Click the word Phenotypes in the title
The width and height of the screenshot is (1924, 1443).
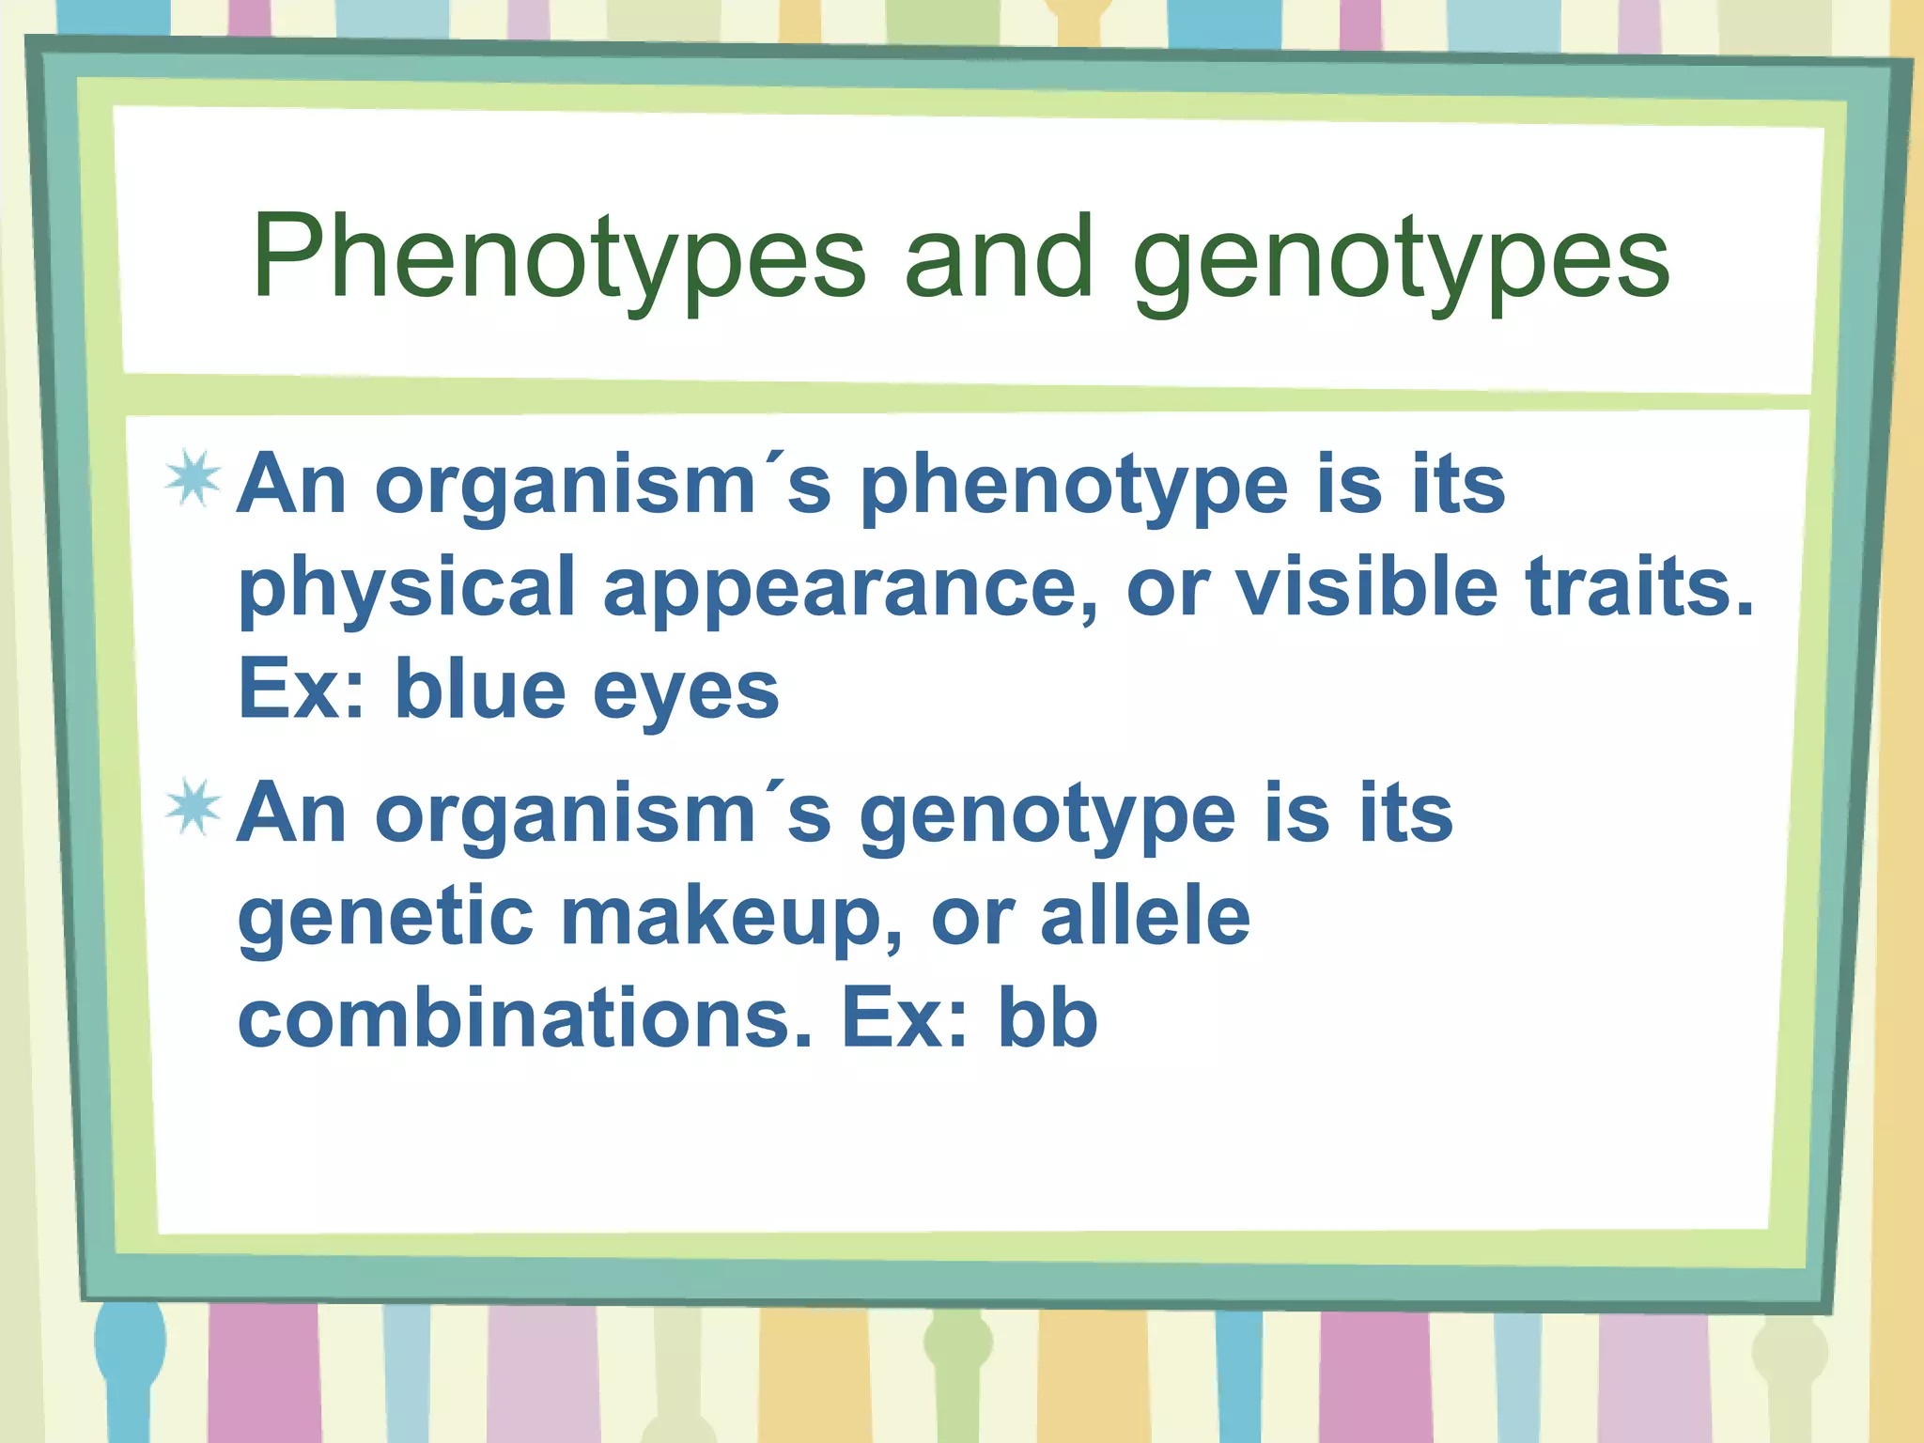click(558, 258)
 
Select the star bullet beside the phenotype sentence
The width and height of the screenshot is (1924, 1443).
click(194, 481)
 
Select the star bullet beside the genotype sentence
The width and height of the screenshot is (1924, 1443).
click(194, 809)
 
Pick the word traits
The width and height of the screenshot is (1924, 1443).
click(1639, 587)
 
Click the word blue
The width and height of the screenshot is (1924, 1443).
click(480, 690)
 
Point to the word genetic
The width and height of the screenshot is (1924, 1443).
click(386, 918)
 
